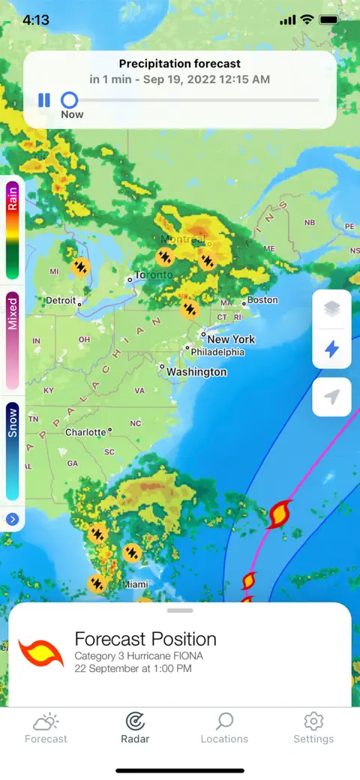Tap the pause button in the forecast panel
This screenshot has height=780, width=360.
coord(44,100)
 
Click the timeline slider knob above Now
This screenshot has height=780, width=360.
coord(69,100)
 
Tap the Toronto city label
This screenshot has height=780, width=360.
coord(154,275)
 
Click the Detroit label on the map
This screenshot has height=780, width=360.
coord(61,301)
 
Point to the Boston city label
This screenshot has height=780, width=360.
coord(262,300)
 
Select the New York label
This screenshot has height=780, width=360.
coord(231,339)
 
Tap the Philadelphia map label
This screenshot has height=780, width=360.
coord(217,352)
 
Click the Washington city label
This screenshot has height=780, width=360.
coord(196,372)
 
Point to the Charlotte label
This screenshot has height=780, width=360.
coord(85,433)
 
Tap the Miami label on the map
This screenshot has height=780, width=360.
coord(136,584)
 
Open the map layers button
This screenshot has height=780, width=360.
coord(331,309)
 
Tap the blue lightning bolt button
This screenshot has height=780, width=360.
coord(331,349)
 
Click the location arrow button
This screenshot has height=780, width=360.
coord(331,397)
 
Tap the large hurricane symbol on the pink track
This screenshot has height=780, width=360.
coord(279,514)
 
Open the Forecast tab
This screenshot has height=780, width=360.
coord(46,728)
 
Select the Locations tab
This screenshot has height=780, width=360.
coord(224,728)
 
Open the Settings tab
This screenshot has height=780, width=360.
coord(313,728)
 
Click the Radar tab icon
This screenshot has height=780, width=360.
coord(135,721)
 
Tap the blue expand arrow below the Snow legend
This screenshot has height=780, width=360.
coord(13,519)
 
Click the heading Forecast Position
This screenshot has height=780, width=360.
coord(145,639)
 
